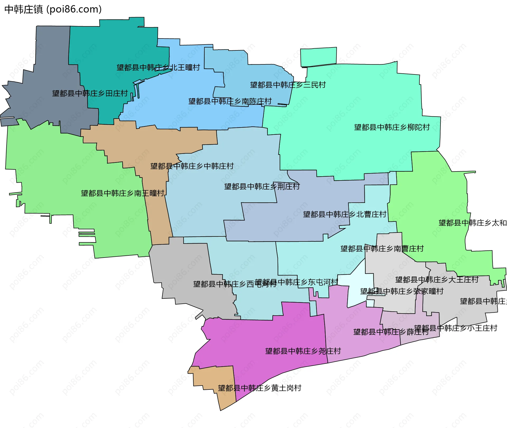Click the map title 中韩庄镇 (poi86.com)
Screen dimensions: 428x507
click(x=53, y=9)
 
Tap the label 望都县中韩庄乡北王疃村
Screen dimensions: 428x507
click(x=158, y=68)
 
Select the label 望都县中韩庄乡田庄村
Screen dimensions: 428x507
click(x=90, y=93)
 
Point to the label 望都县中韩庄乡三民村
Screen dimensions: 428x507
click(x=288, y=85)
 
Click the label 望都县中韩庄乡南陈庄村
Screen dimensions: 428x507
click(x=230, y=101)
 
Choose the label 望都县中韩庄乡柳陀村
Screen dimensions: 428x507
click(x=392, y=127)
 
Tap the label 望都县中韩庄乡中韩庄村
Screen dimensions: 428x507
click(x=192, y=166)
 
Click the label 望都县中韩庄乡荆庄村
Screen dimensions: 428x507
click(x=262, y=187)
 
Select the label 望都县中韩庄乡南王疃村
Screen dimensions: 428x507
click(x=123, y=193)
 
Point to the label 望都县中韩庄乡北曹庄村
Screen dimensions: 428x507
click(x=345, y=214)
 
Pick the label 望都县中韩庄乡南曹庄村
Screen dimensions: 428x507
click(x=382, y=249)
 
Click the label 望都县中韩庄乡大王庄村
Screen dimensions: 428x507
click(x=437, y=280)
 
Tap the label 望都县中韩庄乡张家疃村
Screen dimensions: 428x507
click(x=402, y=291)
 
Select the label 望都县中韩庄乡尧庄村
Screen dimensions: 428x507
click(x=303, y=351)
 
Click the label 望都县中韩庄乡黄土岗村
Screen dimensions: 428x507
click(x=259, y=388)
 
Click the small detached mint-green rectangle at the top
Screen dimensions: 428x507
click(x=318, y=56)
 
